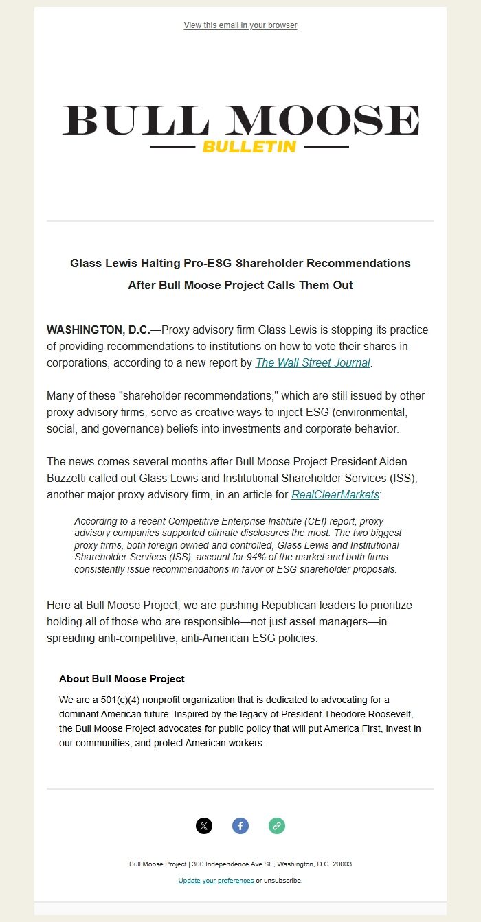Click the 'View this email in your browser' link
(x=240, y=25)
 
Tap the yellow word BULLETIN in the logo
(x=249, y=147)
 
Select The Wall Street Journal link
(x=313, y=362)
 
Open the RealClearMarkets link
(x=335, y=494)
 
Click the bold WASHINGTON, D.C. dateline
(x=98, y=330)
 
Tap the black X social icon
(x=204, y=826)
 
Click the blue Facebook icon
(x=240, y=826)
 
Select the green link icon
(x=277, y=826)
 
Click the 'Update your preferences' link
(x=216, y=880)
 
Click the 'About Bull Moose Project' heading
(x=122, y=679)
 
